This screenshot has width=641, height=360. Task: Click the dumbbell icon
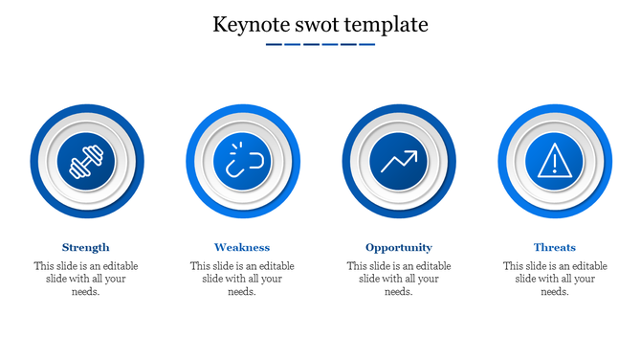coord(86,160)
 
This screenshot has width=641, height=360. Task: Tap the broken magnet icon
coord(242,160)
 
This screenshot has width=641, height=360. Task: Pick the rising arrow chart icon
coord(399,160)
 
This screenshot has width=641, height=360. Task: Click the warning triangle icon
coord(555,160)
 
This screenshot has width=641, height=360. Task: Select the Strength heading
coord(86,247)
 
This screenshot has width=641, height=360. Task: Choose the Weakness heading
coord(242,247)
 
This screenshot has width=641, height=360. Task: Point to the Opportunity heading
coord(399,247)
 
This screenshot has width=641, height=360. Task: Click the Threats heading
coord(555,247)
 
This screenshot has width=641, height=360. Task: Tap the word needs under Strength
coord(85,292)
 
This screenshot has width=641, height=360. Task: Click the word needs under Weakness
coord(241,292)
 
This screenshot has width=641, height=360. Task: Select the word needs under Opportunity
coord(398,292)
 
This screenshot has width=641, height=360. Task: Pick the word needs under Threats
coord(555,292)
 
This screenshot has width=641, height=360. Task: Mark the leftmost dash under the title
coord(274,44)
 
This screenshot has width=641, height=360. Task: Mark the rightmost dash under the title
coord(366,44)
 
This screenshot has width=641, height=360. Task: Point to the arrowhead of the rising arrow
coord(413,151)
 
